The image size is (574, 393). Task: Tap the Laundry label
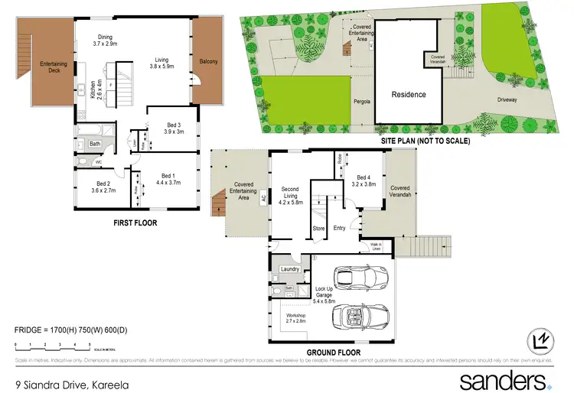(x=290, y=268)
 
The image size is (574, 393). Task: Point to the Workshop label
(x=296, y=316)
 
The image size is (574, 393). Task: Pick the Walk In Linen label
(x=376, y=246)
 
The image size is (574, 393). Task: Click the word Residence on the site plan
(x=409, y=95)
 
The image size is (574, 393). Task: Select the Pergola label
(x=362, y=100)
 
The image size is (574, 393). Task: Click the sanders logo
(x=504, y=381)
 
